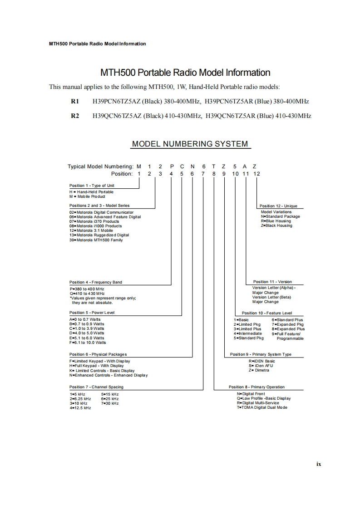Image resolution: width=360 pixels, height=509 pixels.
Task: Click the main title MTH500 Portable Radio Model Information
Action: tap(185, 73)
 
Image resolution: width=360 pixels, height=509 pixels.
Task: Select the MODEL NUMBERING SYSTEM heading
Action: tap(190, 144)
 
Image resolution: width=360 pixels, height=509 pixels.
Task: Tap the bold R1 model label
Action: tap(75, 102)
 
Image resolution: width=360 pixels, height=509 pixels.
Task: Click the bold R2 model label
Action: tap(75, 116)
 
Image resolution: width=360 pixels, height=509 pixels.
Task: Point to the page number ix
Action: tap(319, 464)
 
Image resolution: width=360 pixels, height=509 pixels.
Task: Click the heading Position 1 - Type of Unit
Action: tap(89, 186)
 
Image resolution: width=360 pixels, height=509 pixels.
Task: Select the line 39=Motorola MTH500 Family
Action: tap(96, 240)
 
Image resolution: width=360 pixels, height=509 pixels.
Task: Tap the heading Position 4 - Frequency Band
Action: tap(95, 282)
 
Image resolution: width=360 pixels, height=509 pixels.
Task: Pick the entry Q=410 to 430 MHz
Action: tap(87, 294)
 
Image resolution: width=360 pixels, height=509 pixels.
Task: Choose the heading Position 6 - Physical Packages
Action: tap(98, 354)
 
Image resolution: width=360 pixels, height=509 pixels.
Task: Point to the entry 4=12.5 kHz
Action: tap(80, 408)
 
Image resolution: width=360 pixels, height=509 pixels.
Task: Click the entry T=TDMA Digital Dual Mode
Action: tap(262, 407)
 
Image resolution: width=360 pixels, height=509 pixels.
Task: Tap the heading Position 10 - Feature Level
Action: tap(267, 313)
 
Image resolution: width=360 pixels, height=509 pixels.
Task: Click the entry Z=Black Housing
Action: tap(276, 225)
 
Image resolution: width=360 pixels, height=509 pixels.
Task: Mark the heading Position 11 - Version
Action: tap(272, 282)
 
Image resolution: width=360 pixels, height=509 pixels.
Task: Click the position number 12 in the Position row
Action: tap(257, 173)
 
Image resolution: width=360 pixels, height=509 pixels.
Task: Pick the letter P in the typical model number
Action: tap(171, 166)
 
